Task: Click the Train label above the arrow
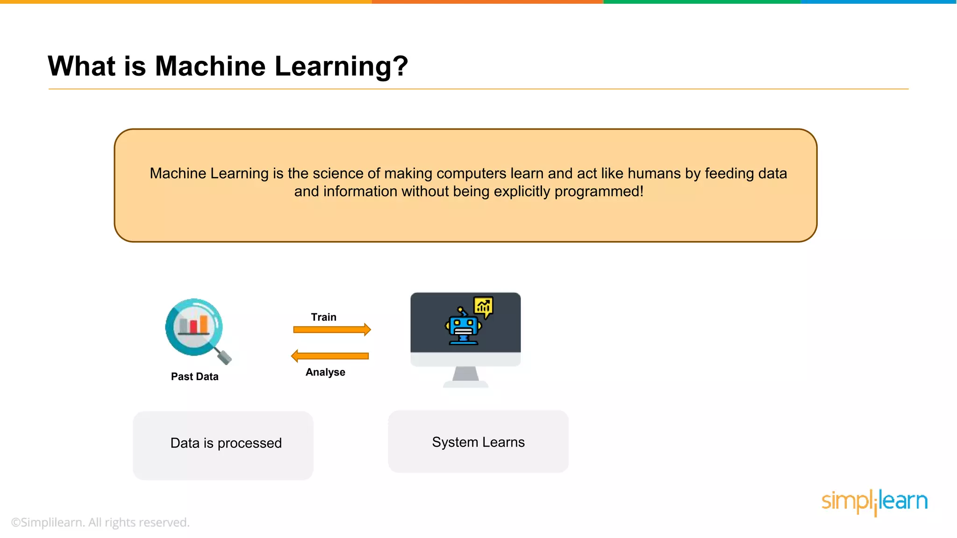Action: coord(324,317)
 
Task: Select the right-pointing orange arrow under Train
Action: coord(332,330)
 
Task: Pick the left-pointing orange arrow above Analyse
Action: coord(330,356)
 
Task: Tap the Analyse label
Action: coord(325,372)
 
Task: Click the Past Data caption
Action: coord(194,376)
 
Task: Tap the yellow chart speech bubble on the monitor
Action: coord(483,306)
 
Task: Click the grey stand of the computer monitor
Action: coord(466,375)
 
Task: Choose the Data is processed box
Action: coord(223,445)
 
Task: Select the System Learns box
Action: coord(478,441)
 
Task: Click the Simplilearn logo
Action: coord(874,502)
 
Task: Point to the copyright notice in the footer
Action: coord(100,522)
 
